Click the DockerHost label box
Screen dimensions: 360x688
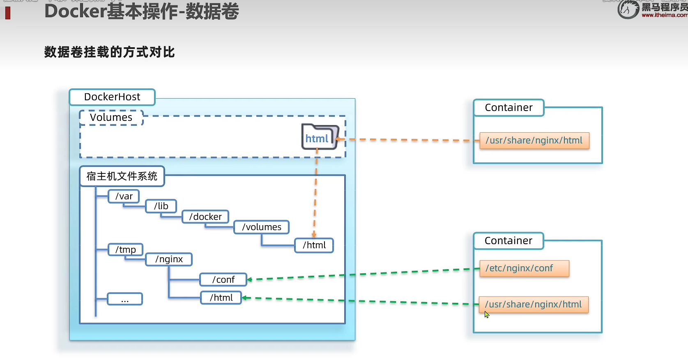[x=112, y=97]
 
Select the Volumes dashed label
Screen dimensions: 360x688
[x=111, y=118]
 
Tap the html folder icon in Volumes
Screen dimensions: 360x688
[x=320, y=137]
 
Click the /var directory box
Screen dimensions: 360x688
[x=124, y=196]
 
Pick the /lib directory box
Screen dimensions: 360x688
[x=161, y=206]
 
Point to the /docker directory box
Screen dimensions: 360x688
[x=205, y=217]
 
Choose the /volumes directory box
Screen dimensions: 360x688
[x=262, y=227]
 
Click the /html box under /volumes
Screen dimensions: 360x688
[x=314, y=245]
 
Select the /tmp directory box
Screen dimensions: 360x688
[x=126, y=249]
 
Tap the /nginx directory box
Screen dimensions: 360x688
[x=169, y=259]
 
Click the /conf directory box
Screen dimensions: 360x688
[x=223, y=280]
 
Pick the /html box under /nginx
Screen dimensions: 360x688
[x=221, y=298]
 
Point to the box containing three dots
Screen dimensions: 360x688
[x=125, y=299]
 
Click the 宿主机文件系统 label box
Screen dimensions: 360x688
[x=122, y=176]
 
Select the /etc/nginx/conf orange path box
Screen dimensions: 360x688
[x=524, y=268]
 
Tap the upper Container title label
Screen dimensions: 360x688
[x=509, y=108]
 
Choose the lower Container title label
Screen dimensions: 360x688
[x=509, y=241]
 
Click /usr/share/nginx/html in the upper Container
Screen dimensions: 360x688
[x=534, y=141]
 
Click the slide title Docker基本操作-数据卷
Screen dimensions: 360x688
[x=142, y=12]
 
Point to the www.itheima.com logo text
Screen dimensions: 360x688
[x=664, y=15]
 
